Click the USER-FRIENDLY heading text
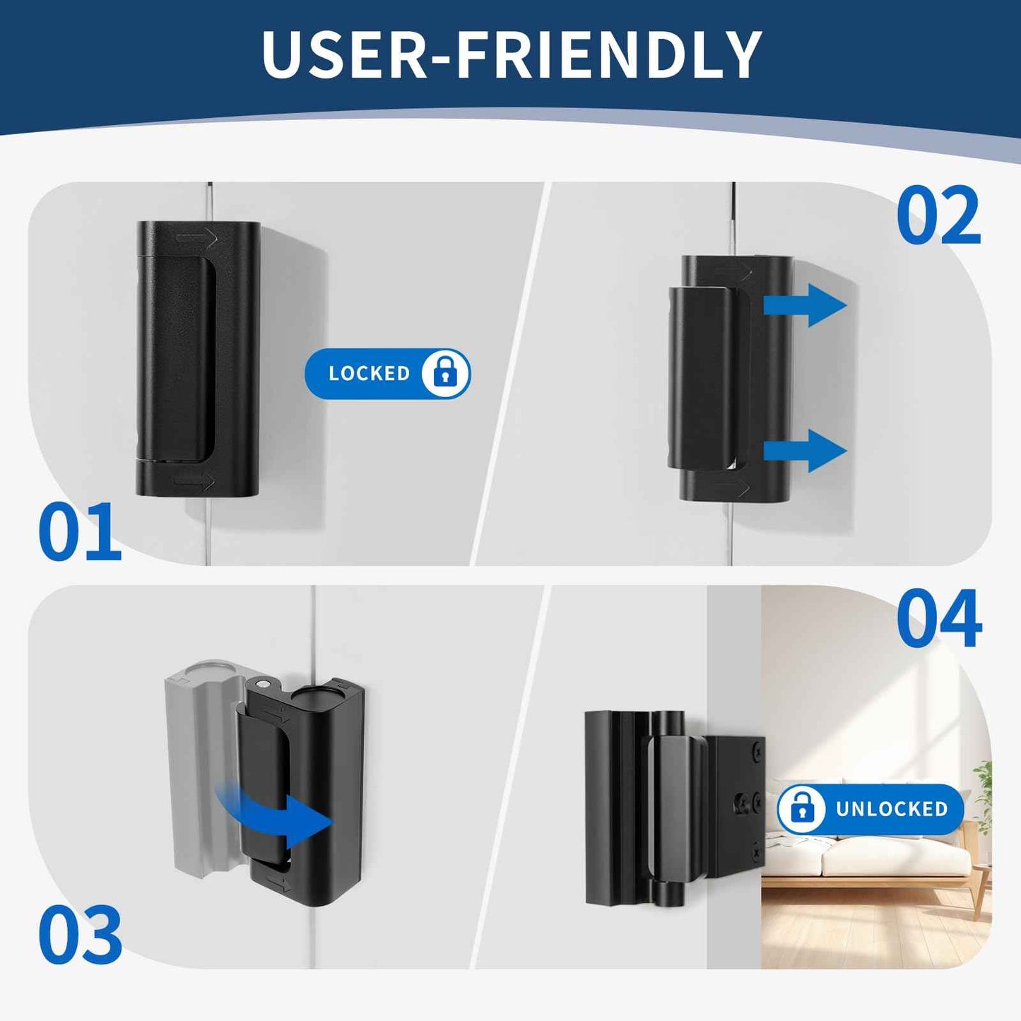coord(511,55)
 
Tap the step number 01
coord(79,532)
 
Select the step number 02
coord(938,216)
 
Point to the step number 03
coord(79,934)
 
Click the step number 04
coord(938,619)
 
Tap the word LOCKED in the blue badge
coord(369,374)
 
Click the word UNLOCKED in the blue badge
coord(891,809)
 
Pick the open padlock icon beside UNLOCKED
coord(801,808)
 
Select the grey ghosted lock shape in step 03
coord(198,763)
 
